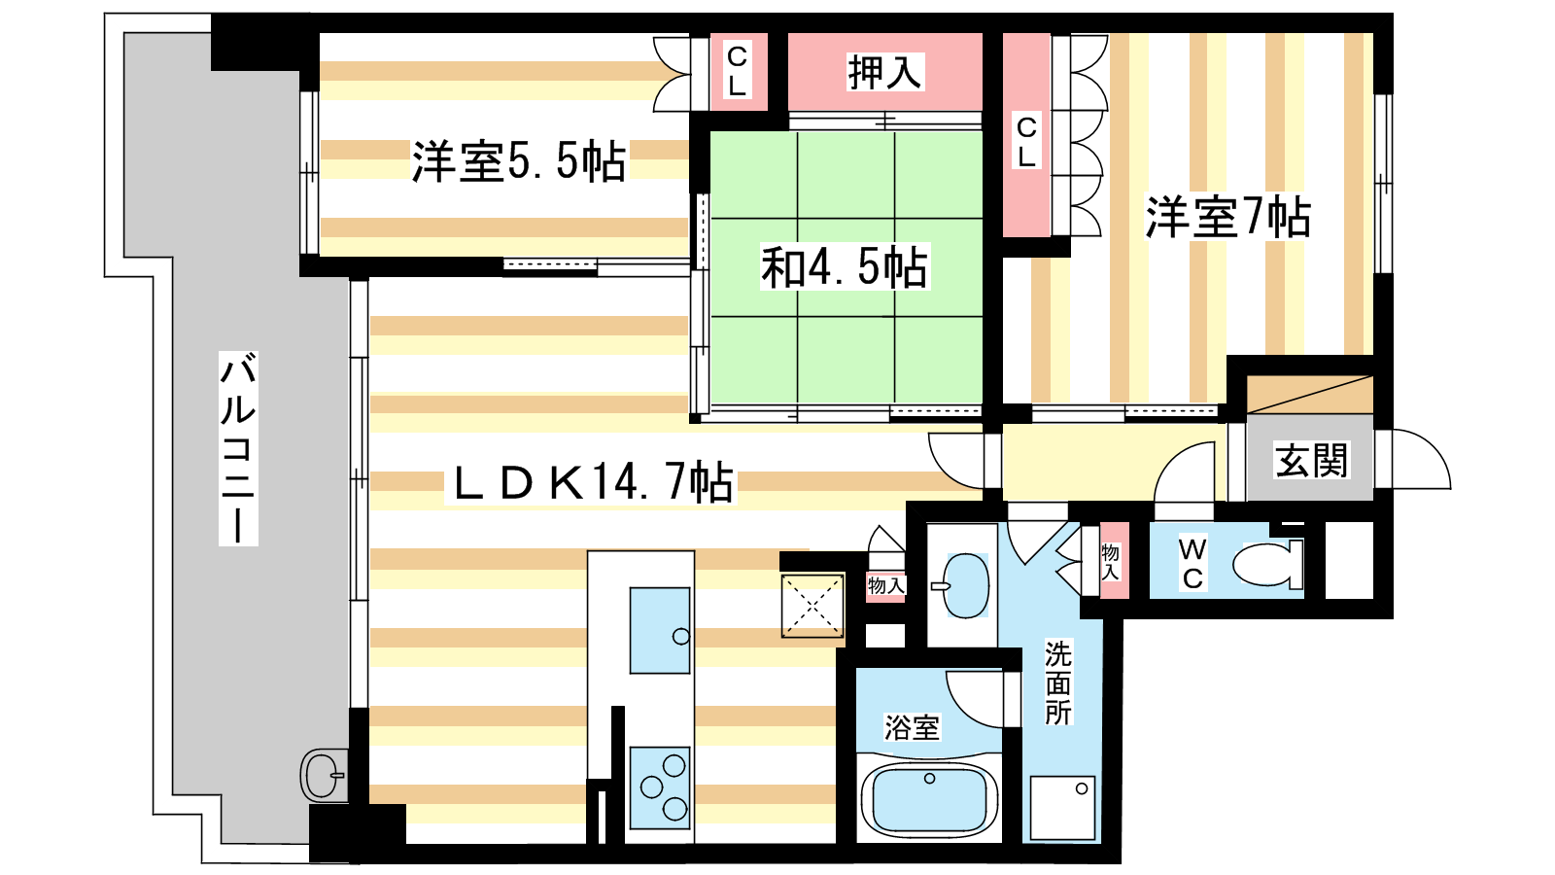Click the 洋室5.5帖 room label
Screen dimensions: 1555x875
pos(519,161)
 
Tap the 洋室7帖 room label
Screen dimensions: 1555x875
pos(1227,218)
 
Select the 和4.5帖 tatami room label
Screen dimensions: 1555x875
pos(845,266)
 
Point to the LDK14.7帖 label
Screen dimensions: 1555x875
pos(592,482)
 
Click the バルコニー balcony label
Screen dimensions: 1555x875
pos(238,448)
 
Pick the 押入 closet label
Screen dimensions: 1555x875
pos(884,72)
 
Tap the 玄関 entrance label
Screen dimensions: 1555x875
pos(1311,460)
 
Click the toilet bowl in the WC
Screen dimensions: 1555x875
pos(1267,564)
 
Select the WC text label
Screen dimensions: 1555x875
pos(1192,564)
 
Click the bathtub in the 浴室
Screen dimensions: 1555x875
pos(929,801)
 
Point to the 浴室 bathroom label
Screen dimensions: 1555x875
pos(912,727)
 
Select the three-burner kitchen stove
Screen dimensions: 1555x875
pos(660,787)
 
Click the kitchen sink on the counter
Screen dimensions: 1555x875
pos(660,631)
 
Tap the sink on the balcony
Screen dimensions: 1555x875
pos(325,775)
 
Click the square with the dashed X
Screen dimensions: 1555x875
pos(812,606)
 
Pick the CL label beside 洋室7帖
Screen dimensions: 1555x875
pos(1026,142)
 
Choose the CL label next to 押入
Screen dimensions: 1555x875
pos(737,70)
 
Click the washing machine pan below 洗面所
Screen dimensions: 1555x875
pos(1062,808)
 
